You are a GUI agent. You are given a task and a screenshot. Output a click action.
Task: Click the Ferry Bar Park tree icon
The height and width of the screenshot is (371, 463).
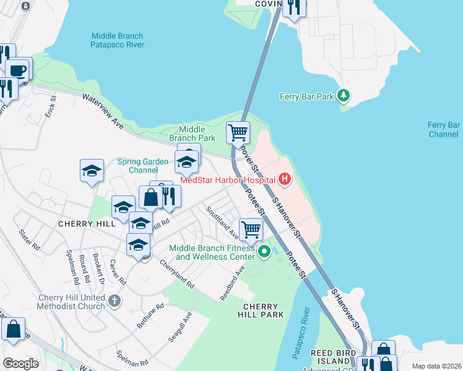(x=344, y=96)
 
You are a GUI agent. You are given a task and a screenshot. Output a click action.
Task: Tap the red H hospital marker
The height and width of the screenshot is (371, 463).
(x=285, y=180)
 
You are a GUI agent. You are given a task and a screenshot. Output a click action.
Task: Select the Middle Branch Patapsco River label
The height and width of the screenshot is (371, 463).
(x=117, y=40)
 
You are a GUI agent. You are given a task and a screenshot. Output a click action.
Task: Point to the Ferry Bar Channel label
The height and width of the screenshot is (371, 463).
(x=443, y=129)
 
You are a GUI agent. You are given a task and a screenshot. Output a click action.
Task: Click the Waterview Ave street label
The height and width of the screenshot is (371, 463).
(x=103, y=112)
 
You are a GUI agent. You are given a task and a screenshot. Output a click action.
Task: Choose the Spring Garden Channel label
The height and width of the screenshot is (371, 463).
(x=143, y=166)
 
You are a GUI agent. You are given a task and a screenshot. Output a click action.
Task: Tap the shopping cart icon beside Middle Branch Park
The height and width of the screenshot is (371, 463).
(x=238, y=132)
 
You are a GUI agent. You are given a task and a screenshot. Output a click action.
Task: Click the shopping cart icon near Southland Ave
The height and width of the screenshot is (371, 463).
(x=251, y=229)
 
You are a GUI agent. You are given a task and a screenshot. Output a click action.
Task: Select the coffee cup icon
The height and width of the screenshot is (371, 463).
(x=18, y=69)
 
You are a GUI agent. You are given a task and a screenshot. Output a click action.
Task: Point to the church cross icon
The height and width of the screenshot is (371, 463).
(x=114, y=301)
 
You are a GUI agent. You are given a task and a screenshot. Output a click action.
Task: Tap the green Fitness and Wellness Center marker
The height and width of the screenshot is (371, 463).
(x=264, y=252)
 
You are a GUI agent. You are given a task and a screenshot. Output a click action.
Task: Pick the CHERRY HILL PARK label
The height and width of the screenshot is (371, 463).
(x=263, y=310)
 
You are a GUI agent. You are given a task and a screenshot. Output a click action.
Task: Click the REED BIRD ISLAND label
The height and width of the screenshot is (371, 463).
(x=333, y=357)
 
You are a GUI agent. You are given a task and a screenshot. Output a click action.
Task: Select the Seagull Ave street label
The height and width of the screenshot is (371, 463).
(x=180, y=327)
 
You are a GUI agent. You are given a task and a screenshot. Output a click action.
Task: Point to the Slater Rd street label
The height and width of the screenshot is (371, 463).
(x=29, y=239)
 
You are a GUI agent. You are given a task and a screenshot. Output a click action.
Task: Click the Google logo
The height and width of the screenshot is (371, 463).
(x=20, y=364)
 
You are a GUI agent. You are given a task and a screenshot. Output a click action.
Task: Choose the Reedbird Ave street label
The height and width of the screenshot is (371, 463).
(x=233, y=283)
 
